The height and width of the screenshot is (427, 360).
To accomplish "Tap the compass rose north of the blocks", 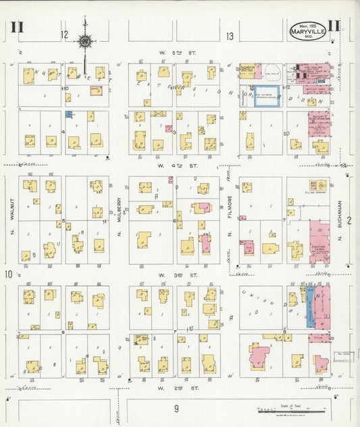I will pos(84,42).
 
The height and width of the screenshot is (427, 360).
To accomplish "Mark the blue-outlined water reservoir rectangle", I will pos(259,95).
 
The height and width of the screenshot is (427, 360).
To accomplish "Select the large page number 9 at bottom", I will pos(176,408).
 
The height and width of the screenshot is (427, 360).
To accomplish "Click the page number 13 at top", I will pos(230,36).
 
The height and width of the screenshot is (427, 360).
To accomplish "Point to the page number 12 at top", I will pos(64,34).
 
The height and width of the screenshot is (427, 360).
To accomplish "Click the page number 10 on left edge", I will pos(8,274).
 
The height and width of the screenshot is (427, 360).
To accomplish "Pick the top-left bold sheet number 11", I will pos(17,28).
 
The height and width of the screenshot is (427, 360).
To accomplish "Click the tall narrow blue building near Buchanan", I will pos(309,306).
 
